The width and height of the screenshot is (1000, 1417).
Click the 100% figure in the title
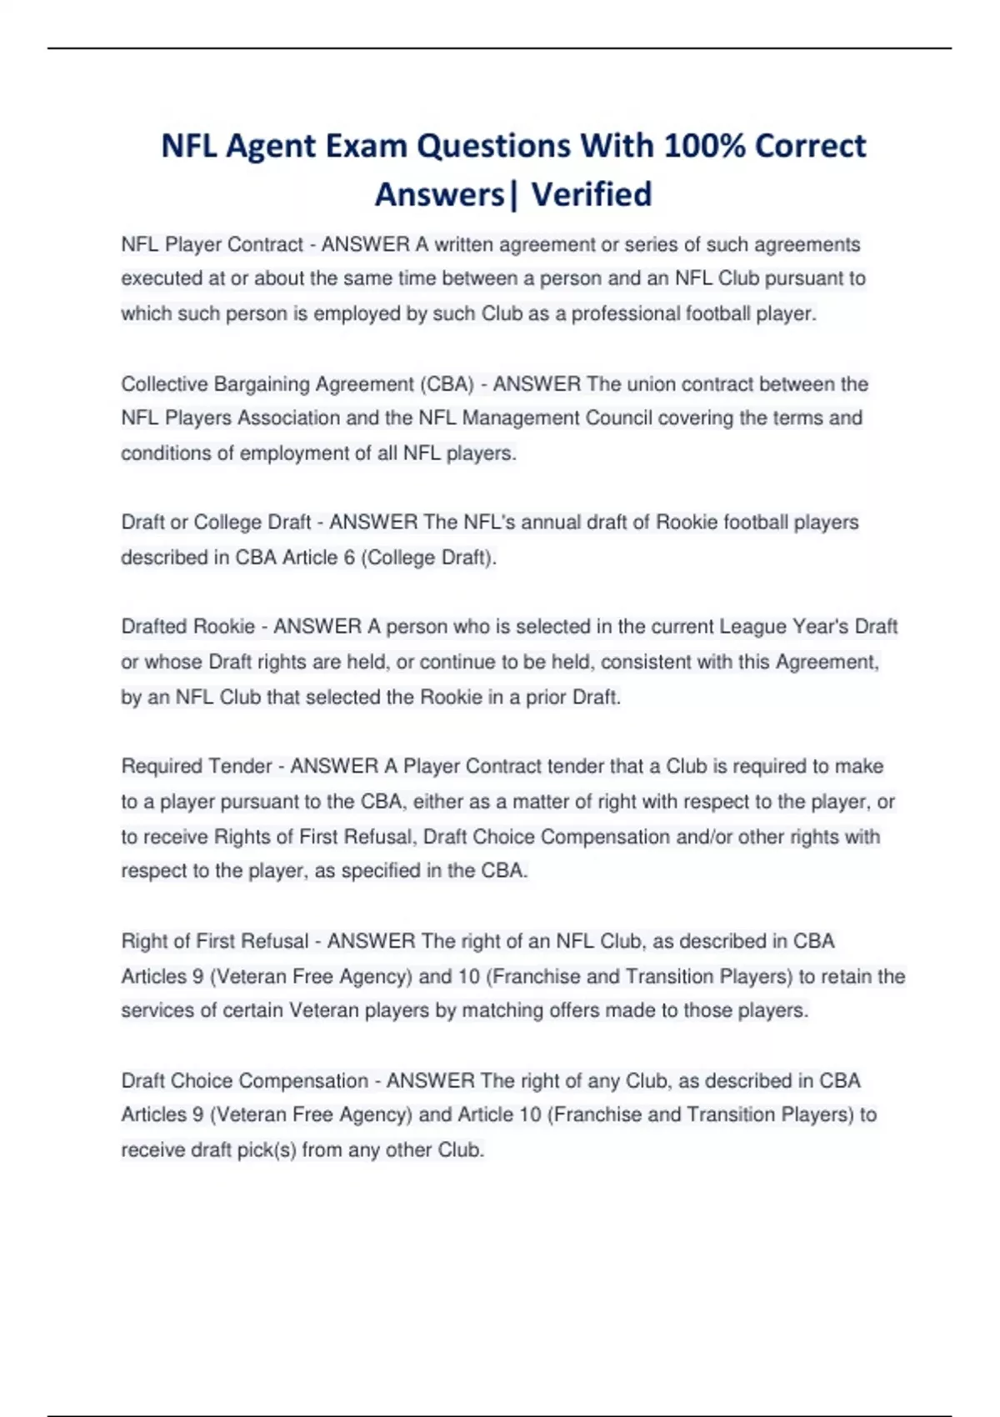[705, 146]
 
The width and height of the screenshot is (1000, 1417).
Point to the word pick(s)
[265, 1150]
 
